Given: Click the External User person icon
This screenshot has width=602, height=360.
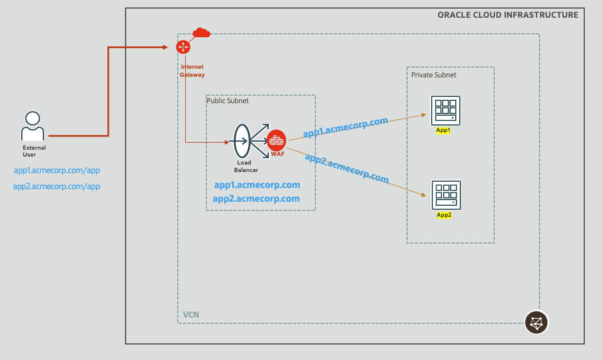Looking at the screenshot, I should tap(33, 126).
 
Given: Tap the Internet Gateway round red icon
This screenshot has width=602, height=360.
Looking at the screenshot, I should tap(183, 47).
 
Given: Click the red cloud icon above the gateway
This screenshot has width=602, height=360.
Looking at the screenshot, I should tap(201, 33).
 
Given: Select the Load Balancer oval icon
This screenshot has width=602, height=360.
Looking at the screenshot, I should tap(242, 141).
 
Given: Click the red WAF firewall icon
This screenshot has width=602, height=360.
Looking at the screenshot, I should tap(276, 140).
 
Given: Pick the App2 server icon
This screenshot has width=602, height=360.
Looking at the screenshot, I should tap(445, 195).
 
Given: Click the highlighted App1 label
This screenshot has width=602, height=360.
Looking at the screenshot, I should tap(443, 130).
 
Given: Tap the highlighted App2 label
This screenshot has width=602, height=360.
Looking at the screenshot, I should tap(444, 215).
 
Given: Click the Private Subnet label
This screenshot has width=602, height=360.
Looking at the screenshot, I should tap(433, 75).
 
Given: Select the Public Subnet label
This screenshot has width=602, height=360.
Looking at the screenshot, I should tap(228, 101).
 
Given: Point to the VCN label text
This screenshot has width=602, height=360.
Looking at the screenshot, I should tap(191, 315).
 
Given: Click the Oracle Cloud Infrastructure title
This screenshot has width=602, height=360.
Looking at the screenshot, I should tap(507, 15).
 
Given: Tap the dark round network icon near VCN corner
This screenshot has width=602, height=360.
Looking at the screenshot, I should tap(537, 322).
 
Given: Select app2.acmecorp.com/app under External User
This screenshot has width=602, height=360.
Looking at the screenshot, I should tap(57, 186).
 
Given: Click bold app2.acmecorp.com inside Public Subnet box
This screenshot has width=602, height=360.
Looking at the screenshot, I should tap(256, 199).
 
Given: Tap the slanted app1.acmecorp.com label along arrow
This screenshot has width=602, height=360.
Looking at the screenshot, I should tap(345, 128).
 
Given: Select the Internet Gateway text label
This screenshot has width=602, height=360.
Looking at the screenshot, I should tap(192, 71).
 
